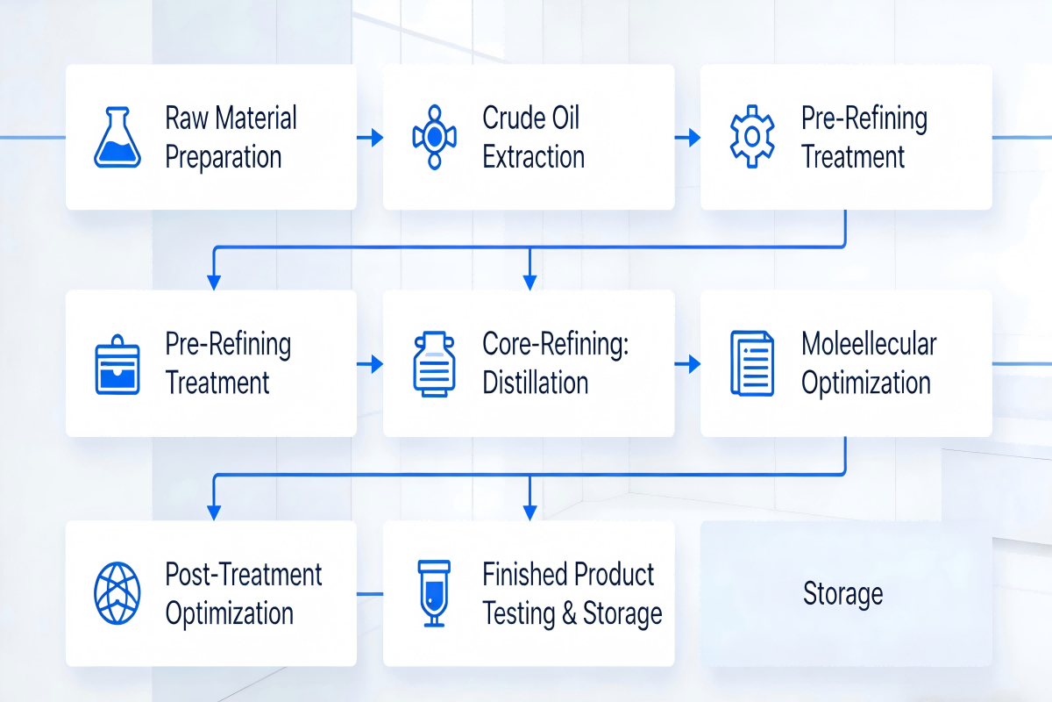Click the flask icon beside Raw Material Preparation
pos(117,137)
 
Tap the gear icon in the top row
pos(752,136)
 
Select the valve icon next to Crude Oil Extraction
pos(435,137)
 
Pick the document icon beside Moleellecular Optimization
pos(752,363)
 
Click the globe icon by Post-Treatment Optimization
pos(117,593)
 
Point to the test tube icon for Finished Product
pos(434,593)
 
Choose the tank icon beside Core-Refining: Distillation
pos(434,364)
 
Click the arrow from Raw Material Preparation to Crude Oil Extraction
pos(370,137)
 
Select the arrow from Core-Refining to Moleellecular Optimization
pos(687,364)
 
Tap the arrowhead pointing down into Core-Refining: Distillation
pos(530,283)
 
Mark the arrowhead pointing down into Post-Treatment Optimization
pos(214,513)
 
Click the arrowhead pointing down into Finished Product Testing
pos(530,513)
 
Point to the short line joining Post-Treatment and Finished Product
pos(370,594)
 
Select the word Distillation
pos(536,382)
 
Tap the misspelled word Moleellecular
pos(869,343)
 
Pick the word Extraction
pos(534,156)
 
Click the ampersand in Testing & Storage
pos(569,613)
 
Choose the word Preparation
pos(223,157)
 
